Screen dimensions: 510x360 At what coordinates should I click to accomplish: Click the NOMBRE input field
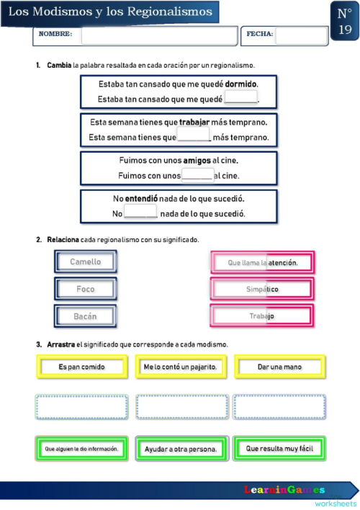(x=158, y=35)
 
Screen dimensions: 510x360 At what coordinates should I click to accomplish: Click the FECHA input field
(x=301, y=35)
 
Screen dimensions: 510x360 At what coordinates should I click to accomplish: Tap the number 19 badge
(x=344, y=21)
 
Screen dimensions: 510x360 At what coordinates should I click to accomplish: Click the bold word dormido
(x=241, y=84)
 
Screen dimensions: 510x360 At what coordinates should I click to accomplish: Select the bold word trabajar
(x=199, y=122)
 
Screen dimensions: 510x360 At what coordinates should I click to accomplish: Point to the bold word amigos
(x=197, y=160)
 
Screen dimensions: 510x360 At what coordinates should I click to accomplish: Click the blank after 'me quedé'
(x=241, y=99)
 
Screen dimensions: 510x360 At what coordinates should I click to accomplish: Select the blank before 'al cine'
(x=197, y=175)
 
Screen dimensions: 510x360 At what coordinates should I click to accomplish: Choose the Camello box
(x=86, y=262)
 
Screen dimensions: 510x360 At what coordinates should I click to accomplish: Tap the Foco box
(x=86, y=289)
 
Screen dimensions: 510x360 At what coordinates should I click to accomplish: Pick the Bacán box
(x=86, y=316)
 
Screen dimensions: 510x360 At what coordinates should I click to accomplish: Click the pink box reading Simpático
(x=262, y=289)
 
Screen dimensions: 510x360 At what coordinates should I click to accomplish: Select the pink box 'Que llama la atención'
(x=262, y=263)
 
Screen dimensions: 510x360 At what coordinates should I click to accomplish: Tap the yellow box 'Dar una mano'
(x=279, y=367)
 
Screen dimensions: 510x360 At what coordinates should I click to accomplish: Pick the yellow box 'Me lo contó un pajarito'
(x=180, y=367)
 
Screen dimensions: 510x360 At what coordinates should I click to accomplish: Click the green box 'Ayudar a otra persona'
(x=180, y=449)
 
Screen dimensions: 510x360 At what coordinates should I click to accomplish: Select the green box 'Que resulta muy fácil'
(x=279, y=448)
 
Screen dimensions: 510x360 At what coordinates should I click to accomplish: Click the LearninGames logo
(x=284, y=490)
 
